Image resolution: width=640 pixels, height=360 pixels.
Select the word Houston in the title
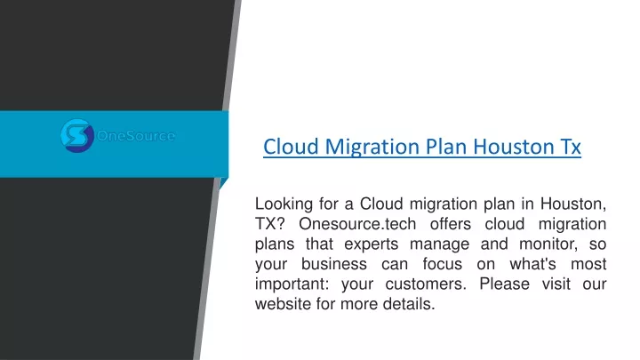click(x=506, y=147)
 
